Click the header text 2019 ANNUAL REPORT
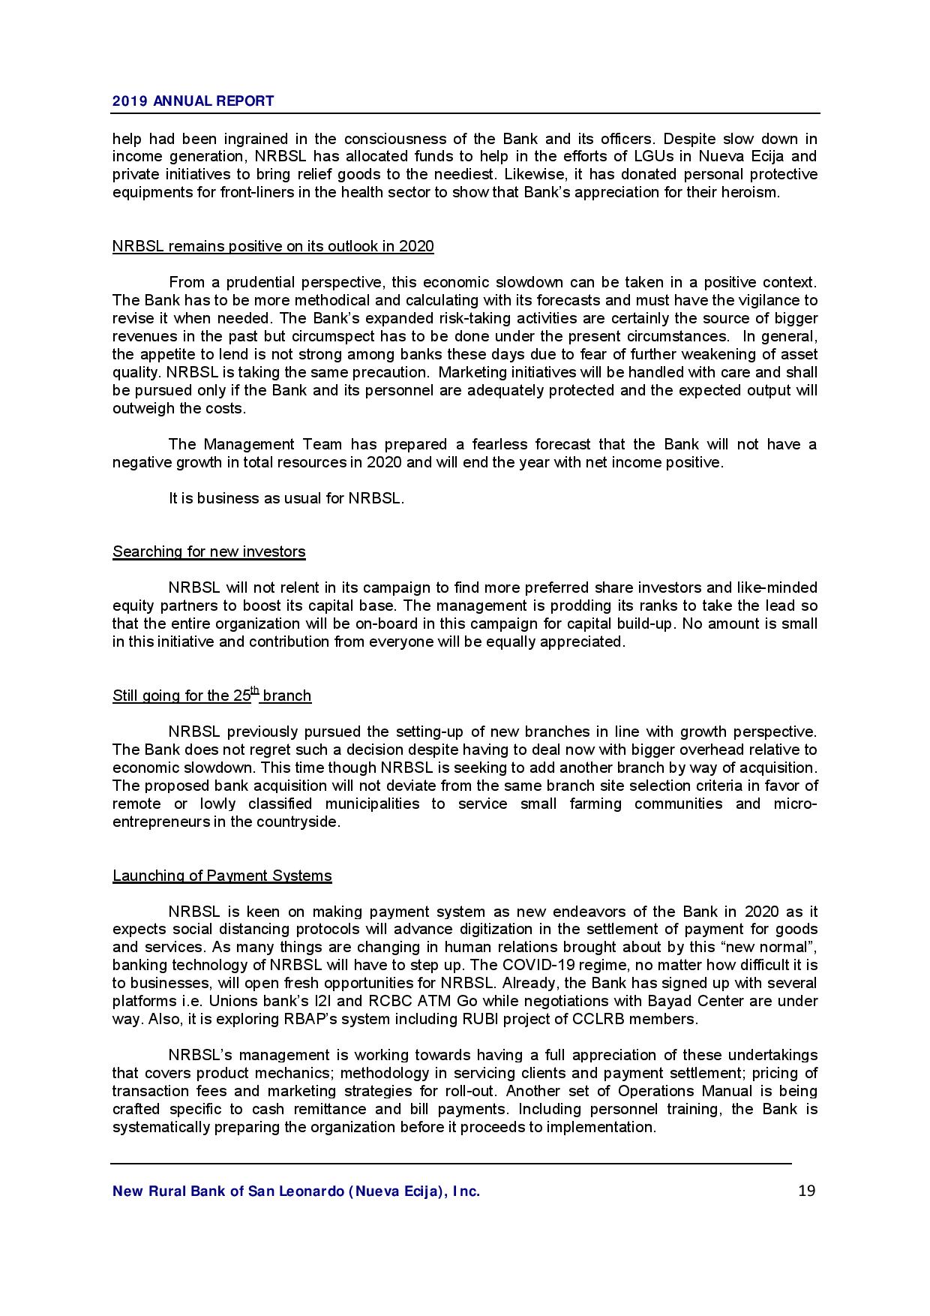point(193,101)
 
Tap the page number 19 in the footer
point(807,1191)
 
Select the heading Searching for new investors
point(208,552)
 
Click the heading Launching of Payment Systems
point(222,876)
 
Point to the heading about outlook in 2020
point(273,247)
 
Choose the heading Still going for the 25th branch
point(211,696)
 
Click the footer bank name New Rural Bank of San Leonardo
point(295,1191)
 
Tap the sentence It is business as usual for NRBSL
point(286,499)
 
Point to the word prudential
point(253,283)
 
